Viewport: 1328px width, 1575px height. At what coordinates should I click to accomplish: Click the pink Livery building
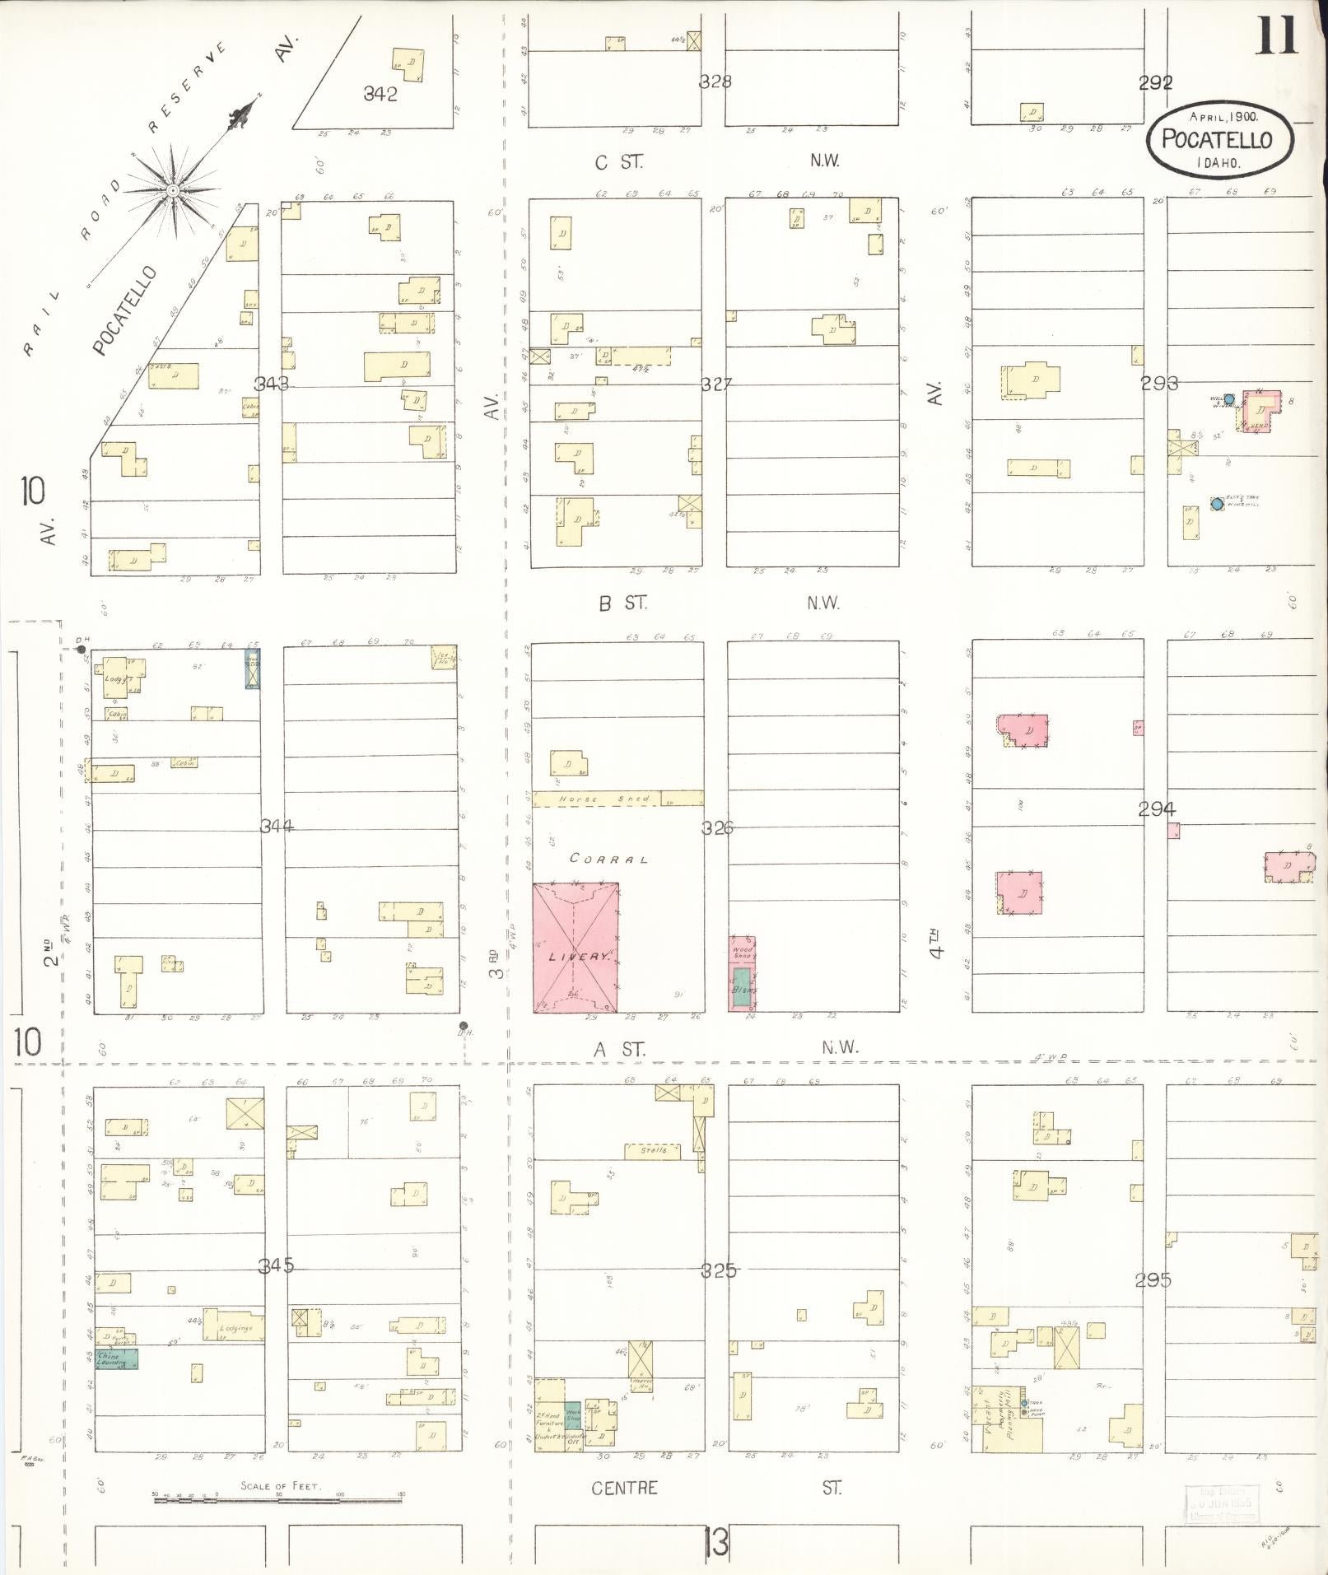(x=575, y=948)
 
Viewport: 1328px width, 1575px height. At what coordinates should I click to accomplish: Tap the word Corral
(x=609, y=859)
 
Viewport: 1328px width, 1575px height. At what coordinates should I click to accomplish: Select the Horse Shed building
(x=605, y=799)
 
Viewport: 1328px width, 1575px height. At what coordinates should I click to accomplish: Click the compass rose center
(x=173, y=191)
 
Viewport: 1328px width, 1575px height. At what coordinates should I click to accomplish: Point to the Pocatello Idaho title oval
(x=1216, y=140)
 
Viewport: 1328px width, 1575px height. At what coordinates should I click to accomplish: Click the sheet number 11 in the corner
(x=1275, y=35)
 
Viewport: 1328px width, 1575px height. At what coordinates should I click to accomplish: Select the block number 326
(x=716, y=828)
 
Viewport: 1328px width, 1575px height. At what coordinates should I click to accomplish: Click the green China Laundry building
(x=117, y=1359)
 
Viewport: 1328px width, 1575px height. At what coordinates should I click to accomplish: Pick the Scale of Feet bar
(x=278, y=1501)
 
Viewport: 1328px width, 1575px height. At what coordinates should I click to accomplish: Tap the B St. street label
(x=622, y=603)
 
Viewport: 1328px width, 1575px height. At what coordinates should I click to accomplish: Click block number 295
(x=1152, y=1280)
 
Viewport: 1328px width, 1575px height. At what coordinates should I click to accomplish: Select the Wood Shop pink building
(x=743, y=953)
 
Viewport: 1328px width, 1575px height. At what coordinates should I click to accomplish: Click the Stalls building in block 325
(x=653, y=1151)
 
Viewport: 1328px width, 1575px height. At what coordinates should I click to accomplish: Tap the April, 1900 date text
(x=1216, y=117)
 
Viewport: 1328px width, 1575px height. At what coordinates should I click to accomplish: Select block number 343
(x=271, y=384)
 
